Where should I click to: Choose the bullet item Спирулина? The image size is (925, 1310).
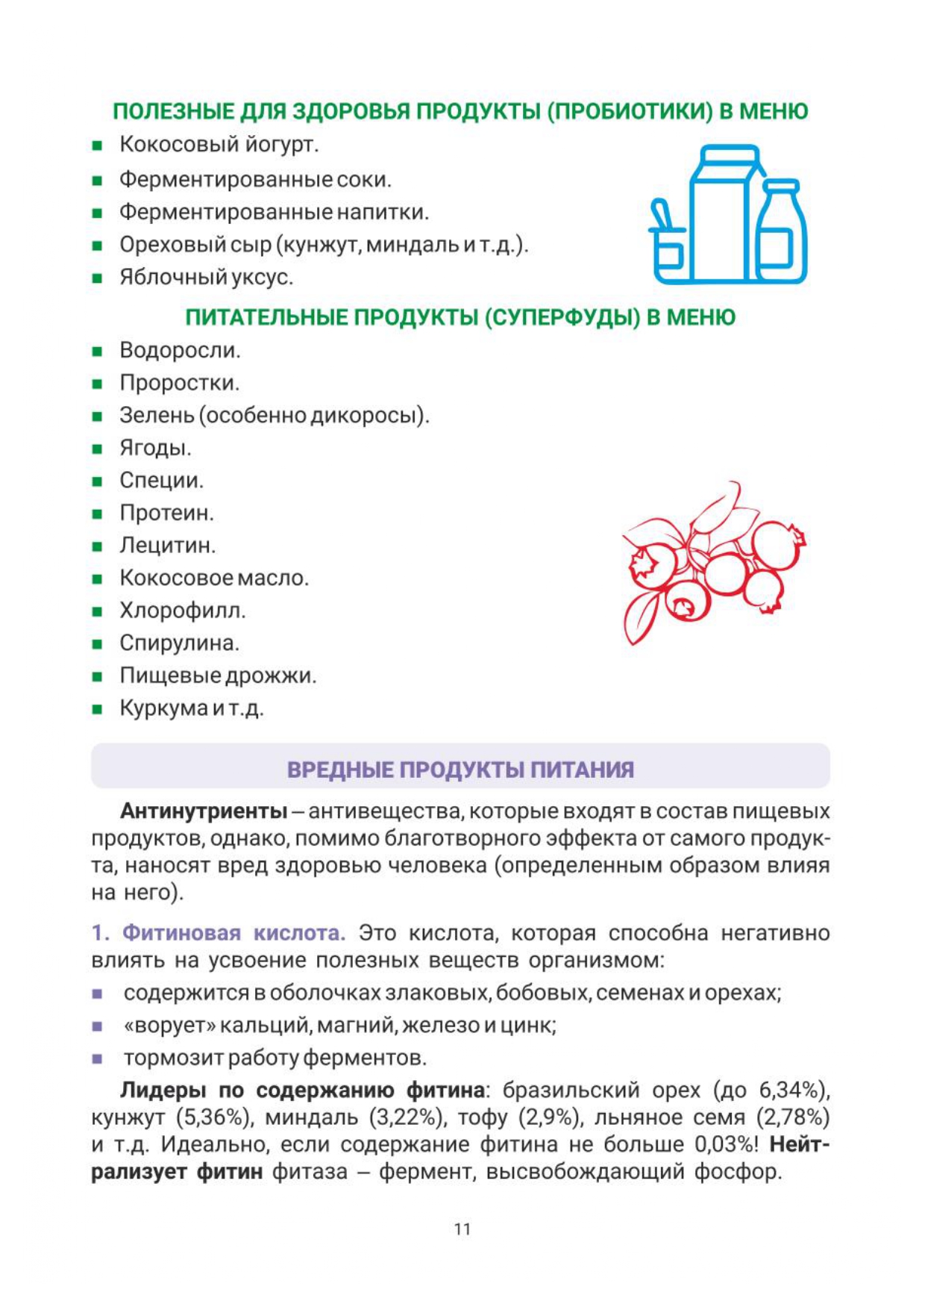pyautogui.click(x=179, y=643)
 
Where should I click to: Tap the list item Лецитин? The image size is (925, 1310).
pyautogui.click(x=167, y=546)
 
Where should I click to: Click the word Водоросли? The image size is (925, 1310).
pyautogui.click(x=179, y=350)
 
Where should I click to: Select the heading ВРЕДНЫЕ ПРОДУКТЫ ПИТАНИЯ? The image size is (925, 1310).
pyautogui.click(x=460, y=770)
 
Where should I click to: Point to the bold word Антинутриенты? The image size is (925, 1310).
pyautogui.click(x=204, y=811)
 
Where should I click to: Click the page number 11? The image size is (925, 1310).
pyautogui.click(x=462, y=1229)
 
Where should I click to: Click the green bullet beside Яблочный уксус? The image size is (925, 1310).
pyautogui.click(x=97, y=279)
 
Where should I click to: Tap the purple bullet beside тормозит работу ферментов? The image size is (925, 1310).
pyautogui.click(x=97, y=1058)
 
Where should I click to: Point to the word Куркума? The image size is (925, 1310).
pyautogui.click(x=163, y=708)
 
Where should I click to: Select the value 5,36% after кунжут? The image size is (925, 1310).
pyautogui.click(x=212, y=1118)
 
